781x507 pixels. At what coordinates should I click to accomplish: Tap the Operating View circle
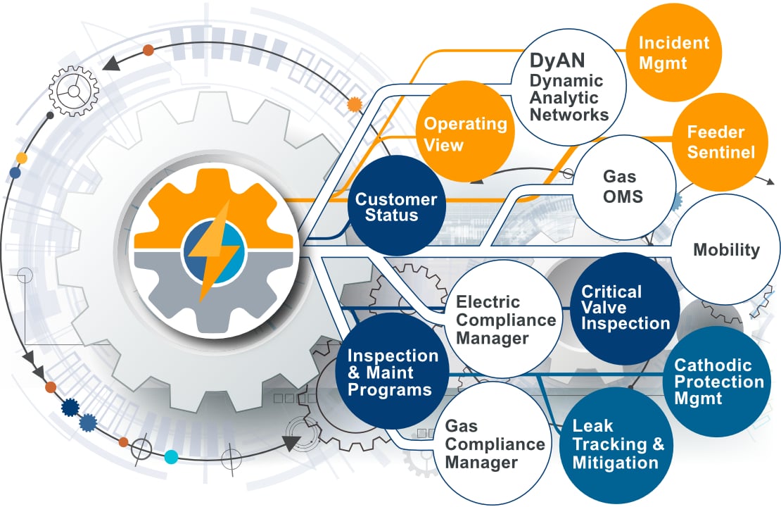465,133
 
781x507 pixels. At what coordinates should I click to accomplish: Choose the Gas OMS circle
623,187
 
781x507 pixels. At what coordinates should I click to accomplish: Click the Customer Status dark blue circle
396,207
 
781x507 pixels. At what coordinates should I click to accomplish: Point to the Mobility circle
726,249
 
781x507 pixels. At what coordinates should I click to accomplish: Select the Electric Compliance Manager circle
505,320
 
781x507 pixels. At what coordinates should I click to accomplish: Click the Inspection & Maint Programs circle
393,373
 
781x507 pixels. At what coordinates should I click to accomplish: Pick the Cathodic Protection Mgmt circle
718,381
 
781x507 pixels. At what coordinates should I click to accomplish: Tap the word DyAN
558,62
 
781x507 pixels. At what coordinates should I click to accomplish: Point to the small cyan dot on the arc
171,456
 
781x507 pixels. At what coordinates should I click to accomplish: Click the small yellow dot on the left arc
22,158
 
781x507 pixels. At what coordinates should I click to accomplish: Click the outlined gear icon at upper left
72,92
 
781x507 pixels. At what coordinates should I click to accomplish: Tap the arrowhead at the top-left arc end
110,65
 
